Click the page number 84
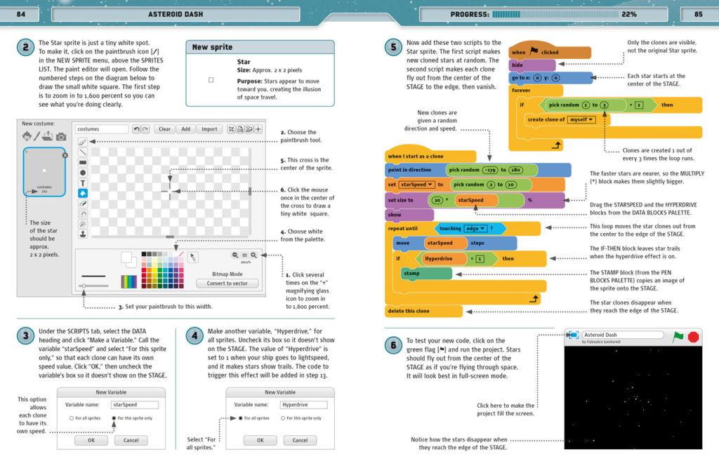tap(21, 14)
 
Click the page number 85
tap(698, 14)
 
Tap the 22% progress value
tap(628, 14)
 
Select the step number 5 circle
tap(393, 48)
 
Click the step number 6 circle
tap(393, 345)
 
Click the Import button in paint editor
tap(209, 129)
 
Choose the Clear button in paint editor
tap(164, 129)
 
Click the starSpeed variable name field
tap(134, 404)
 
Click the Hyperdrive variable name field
tap(303, 404)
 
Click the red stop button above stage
tap(694, 337)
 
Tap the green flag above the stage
tap(678, 337)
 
